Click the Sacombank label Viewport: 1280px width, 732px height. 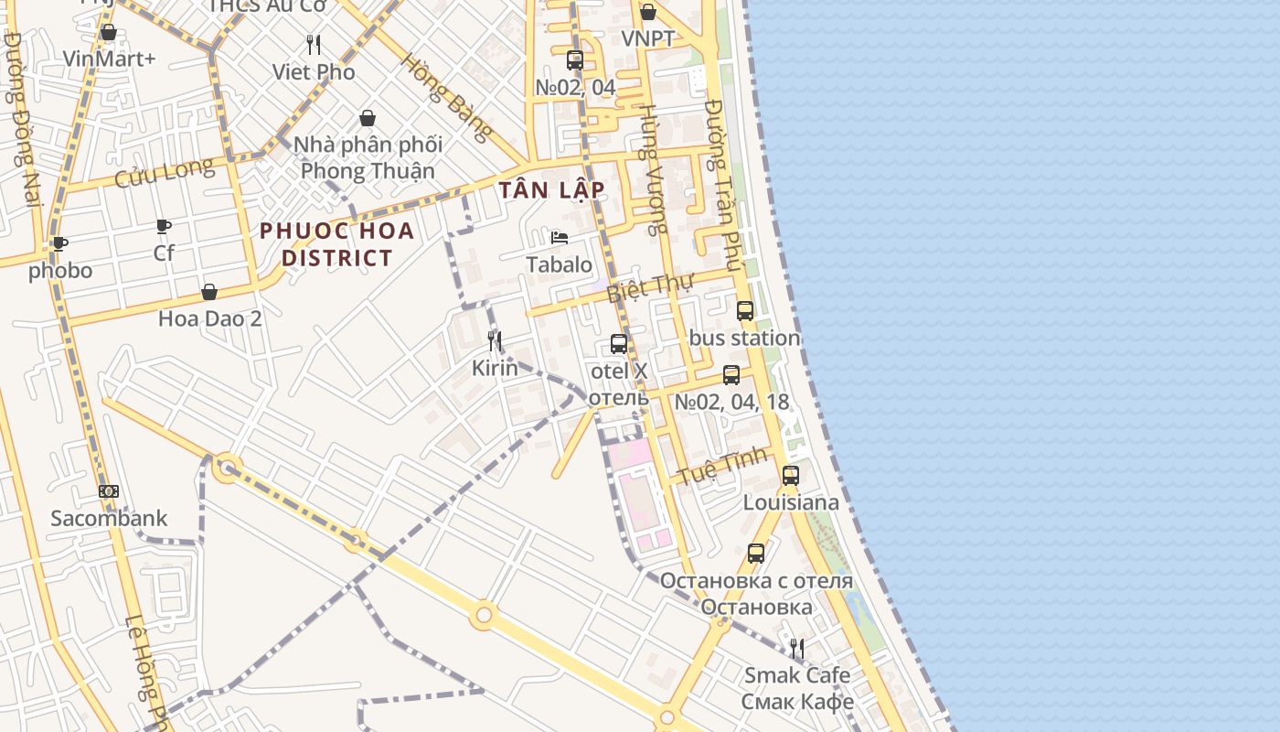coord(109,519)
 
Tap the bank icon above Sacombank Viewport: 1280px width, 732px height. coord(109,491)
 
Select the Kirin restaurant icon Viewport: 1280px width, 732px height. coord(495,341)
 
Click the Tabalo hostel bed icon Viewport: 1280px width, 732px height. coord(560,238)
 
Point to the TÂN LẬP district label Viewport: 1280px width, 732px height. coord(552,190)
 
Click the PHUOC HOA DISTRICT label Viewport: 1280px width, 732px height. coord(337,244)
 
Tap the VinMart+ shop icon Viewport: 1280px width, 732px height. coord(109,33)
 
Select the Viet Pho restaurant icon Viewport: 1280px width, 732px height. coord(314,44)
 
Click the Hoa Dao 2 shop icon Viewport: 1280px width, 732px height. coord(209,292)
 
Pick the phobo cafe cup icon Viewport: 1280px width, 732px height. coord(60,243)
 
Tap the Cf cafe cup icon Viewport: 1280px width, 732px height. coord(164,225)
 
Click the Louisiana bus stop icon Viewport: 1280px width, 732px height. coord(791,476)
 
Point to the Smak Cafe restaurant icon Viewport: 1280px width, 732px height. coord(797,649)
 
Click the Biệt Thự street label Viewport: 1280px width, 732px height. coord(650,288)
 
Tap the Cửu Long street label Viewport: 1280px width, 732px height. coord(165,173)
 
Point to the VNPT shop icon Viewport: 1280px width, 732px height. coord(648,12)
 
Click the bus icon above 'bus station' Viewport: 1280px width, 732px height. coord(745,311)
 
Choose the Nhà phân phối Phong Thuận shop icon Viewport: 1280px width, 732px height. coord(368,118)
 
